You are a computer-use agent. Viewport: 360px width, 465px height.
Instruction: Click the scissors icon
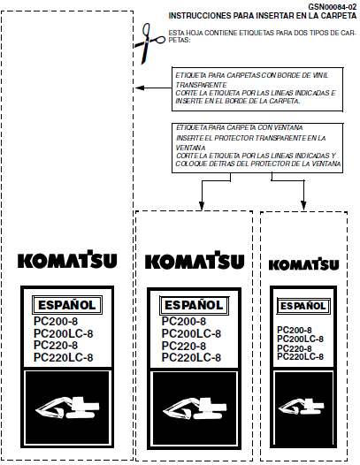(x=149, y=43)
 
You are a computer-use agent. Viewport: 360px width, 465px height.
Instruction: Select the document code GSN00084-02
(x=332, y=6)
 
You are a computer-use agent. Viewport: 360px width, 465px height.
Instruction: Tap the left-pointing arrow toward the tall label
(x=153, y=88)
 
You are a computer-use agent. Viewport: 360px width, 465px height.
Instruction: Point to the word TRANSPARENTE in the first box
(x=201, y=85)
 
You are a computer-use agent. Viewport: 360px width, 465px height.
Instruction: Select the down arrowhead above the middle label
(x=202, y=205)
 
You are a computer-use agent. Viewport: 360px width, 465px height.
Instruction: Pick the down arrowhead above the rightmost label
(x=303, y=205)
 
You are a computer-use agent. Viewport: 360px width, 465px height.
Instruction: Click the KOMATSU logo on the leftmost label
(x=67, y=259)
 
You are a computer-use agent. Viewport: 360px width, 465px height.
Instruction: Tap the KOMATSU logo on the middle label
(x=195, y=260)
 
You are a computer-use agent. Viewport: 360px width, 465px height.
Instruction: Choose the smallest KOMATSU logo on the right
(x=303, y=263)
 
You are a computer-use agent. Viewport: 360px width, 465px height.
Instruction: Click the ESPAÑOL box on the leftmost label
(x=67, y=305)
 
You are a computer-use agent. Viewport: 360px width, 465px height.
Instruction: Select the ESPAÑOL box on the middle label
(x=194, y=305)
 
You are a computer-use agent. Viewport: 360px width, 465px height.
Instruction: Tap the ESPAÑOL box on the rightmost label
(x=303, y=306)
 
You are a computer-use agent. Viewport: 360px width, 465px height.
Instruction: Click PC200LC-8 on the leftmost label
(x=63, y=333)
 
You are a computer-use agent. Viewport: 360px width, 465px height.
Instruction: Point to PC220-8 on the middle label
(x=184, y=346)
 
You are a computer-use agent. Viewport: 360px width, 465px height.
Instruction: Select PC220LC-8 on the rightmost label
(x=300, y=356)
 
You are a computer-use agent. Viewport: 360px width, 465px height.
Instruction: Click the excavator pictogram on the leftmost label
(x=68, y=408)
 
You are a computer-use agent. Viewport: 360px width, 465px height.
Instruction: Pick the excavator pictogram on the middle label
(x=195, y=408)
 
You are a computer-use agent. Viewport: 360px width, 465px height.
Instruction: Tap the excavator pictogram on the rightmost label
(x=302, y=406)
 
